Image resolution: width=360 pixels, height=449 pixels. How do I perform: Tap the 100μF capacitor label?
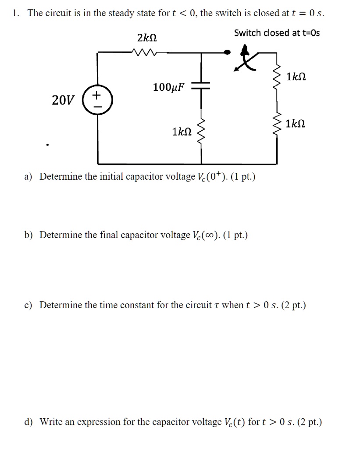click(169, 87)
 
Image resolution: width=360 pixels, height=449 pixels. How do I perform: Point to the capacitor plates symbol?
click(202, 87)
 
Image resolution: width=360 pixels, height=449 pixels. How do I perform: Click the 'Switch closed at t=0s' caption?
click(277, 33)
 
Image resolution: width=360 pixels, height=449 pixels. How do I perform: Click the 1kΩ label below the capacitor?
click(182, 132)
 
